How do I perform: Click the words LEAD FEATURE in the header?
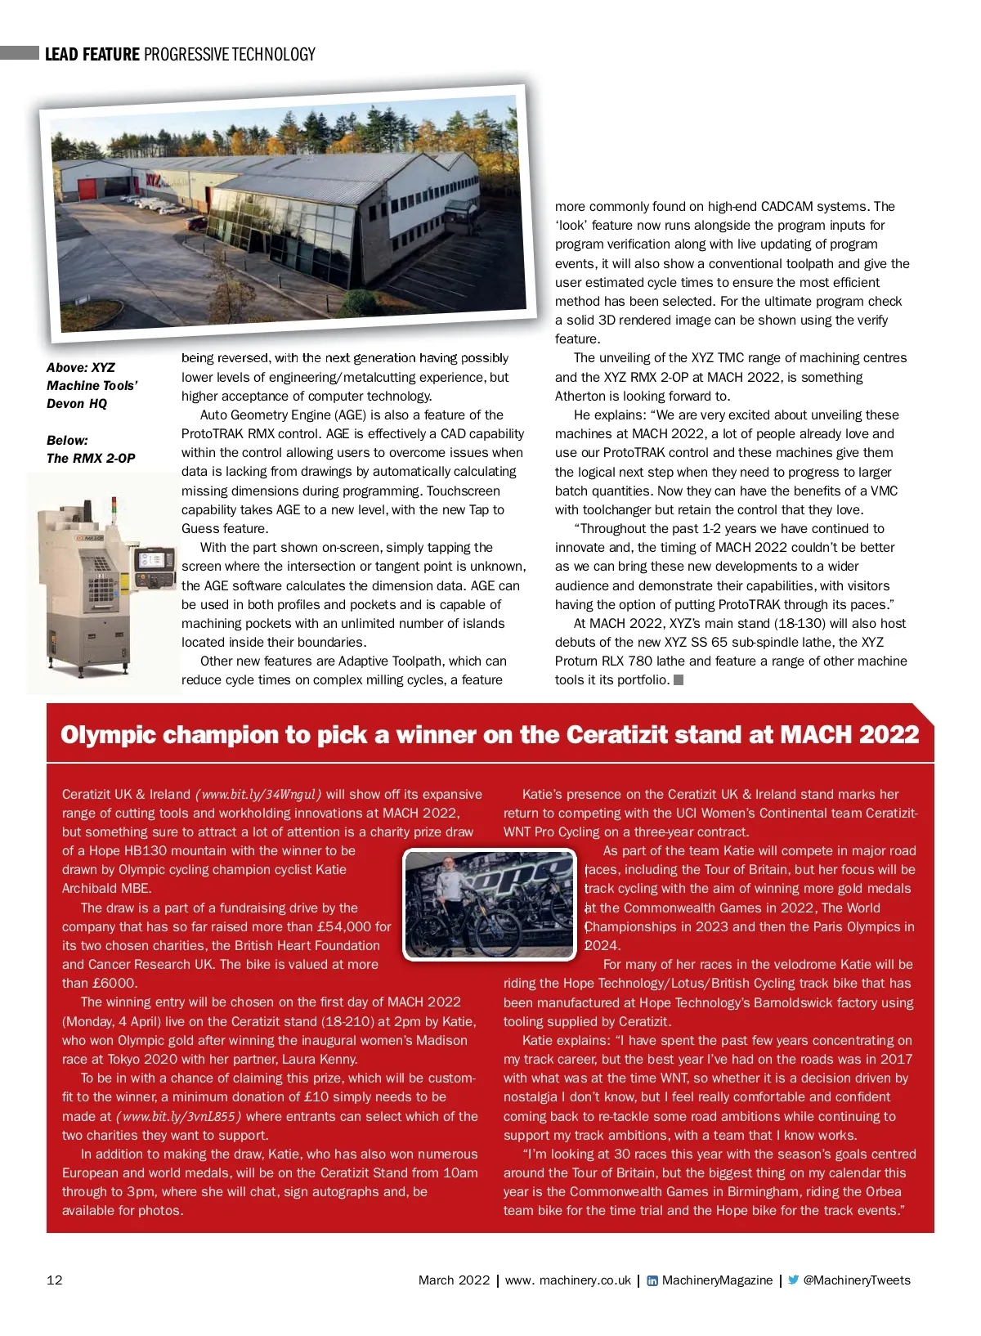tap(92, 55)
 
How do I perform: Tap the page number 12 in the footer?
tap(55, 1280)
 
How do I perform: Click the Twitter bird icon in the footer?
tap(793, 1280)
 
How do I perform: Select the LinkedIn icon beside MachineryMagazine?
tap(652, 1281)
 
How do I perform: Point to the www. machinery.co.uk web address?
tap(568, 1280)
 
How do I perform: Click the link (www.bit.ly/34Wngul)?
tap(258, 795)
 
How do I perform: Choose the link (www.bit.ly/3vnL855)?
tap(178, 1117)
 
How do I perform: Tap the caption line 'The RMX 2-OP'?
tap(91, 459)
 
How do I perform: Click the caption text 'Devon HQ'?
tap(77, 404)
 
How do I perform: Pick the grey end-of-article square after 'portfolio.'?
tap(679, 680)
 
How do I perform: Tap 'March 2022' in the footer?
tap(454, 1280)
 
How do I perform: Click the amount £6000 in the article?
tap(114, 984)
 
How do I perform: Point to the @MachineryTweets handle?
tap(857, 1280)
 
